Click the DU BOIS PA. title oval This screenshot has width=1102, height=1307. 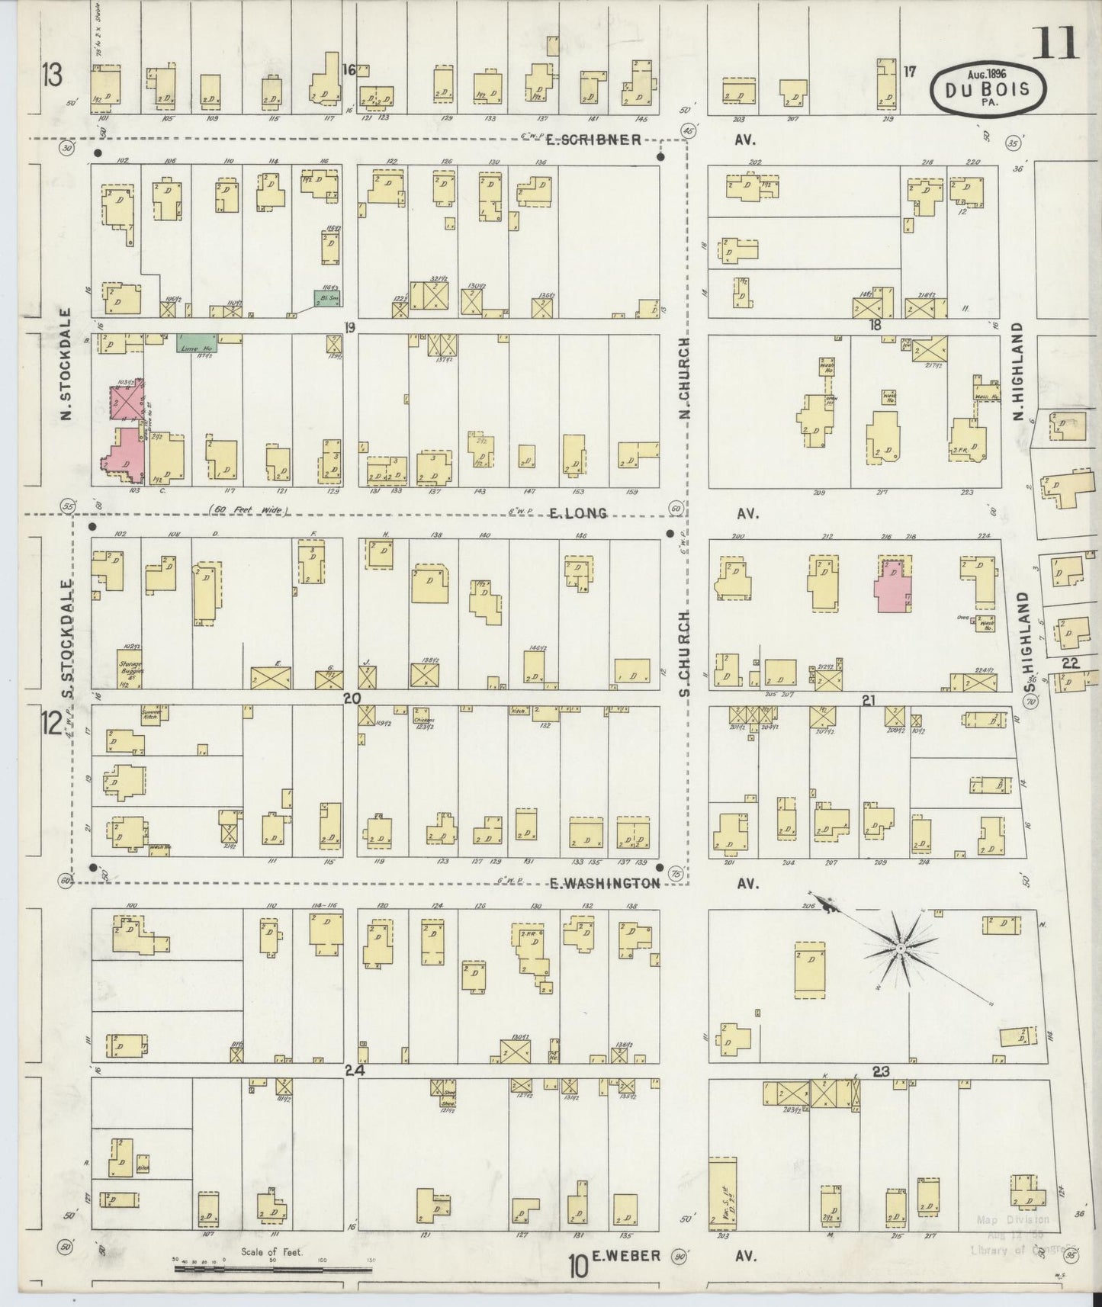pos(988,88)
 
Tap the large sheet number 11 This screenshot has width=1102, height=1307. pos(1055,43)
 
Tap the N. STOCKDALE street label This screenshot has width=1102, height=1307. pos(66,364)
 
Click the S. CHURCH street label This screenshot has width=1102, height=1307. pos(684,653)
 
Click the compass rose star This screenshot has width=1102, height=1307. pos(900,948)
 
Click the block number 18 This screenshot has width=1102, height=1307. pos(875,325)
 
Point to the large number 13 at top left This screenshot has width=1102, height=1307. pos(52,77)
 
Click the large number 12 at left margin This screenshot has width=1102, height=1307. pos(51,723)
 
